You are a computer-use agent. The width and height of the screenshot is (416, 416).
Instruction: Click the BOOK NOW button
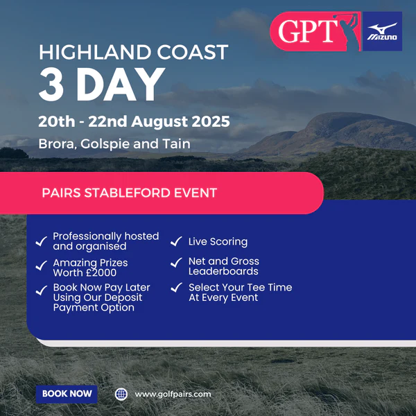67,394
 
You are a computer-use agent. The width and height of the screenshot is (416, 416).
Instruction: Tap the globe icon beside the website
121,394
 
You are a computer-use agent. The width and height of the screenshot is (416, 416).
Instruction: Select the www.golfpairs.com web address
173,394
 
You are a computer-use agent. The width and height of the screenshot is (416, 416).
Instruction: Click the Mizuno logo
382,31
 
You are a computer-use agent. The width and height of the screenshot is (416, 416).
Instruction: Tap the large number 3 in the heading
51,84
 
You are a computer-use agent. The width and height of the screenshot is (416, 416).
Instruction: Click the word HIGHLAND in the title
96,52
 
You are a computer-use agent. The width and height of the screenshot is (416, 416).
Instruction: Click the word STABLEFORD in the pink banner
128,193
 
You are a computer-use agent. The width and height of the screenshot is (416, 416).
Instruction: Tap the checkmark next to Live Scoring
176,241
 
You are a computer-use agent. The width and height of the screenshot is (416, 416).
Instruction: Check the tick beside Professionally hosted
42,241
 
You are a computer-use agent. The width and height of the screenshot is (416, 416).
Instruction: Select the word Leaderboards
223,271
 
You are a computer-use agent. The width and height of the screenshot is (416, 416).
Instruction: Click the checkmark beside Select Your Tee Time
176,287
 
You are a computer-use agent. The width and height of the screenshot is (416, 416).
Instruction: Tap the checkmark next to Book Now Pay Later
42,291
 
